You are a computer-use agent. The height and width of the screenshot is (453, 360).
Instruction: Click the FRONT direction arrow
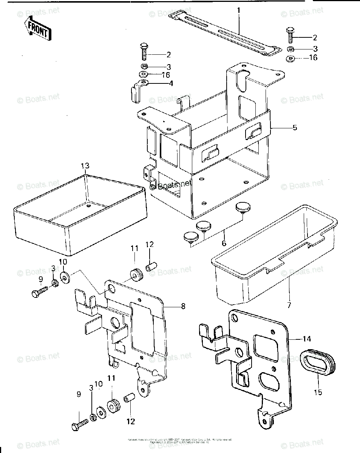(37, 29)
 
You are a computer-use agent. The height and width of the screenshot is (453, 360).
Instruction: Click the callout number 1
(239, 10)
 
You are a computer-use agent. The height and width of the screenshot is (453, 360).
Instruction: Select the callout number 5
(295, 128)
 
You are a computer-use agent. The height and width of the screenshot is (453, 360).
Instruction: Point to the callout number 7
(289, 305)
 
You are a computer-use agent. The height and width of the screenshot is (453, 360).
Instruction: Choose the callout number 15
(318, 393)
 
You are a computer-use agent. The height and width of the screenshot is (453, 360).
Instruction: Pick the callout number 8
(183, 307)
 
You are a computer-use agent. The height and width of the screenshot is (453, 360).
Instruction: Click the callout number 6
(224, 243)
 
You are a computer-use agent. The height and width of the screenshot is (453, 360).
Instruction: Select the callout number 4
(171, 83)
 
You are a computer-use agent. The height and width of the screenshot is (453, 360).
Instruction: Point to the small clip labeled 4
(138, 89)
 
